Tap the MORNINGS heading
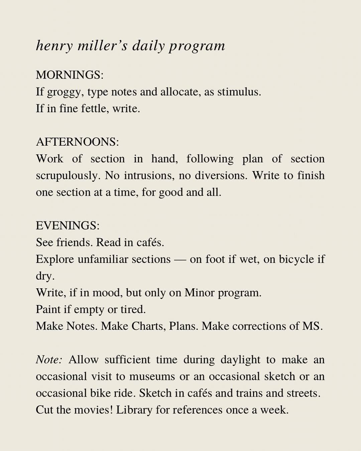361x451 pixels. click(x=70, y=75)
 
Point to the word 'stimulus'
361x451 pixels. click(x=239, y=92)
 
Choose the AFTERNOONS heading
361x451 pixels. click(x=77, y=142)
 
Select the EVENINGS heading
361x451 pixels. click(x=68, y=225)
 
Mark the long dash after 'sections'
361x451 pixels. click(x=180, y=259)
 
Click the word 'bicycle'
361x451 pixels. click(x=296, y=259)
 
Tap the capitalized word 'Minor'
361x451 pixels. click(x=200, y=293)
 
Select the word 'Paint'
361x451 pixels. click(x=48, y=309)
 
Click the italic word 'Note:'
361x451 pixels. click(x=49, y=359)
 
